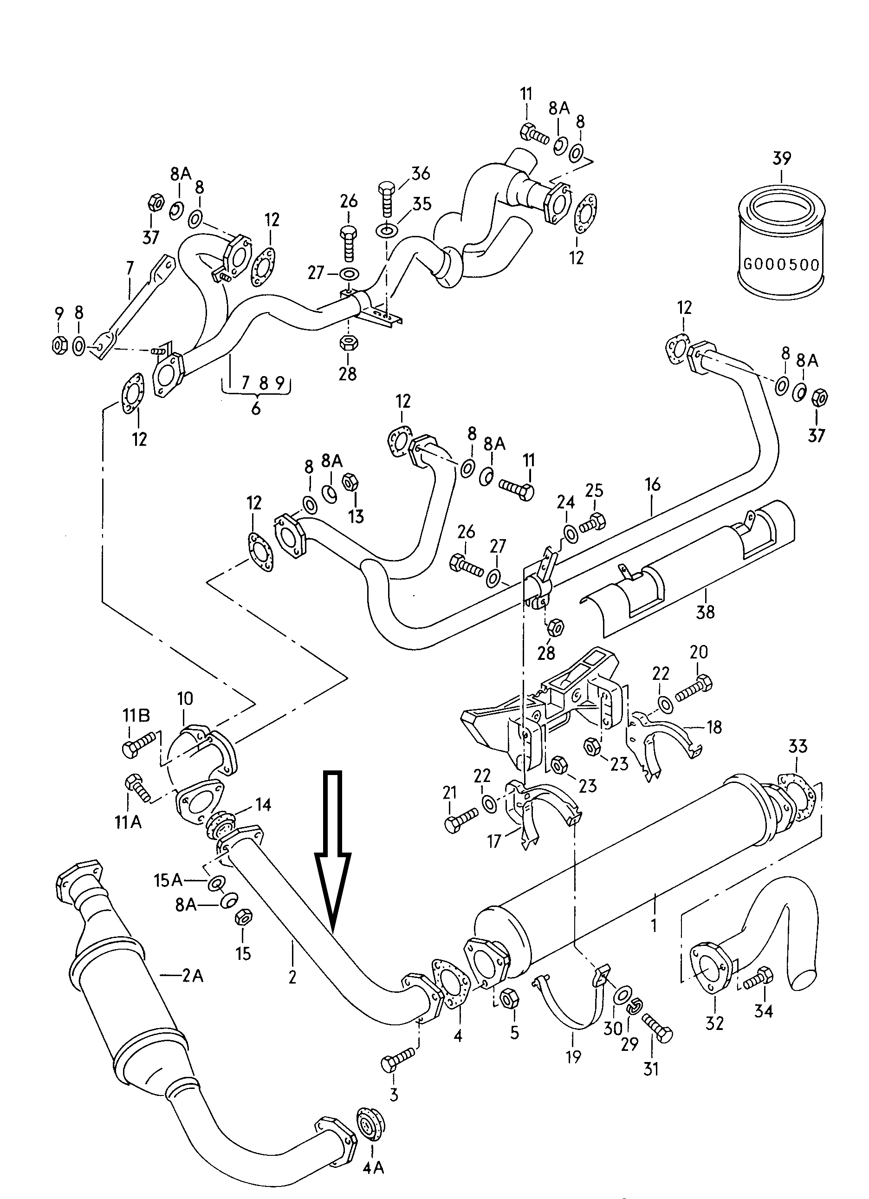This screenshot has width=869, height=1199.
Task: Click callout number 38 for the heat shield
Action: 705,612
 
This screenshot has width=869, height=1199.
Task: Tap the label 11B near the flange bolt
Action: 136,716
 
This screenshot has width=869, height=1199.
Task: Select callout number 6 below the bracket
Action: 256,409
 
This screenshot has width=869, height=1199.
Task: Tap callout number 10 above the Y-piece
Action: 185,699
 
